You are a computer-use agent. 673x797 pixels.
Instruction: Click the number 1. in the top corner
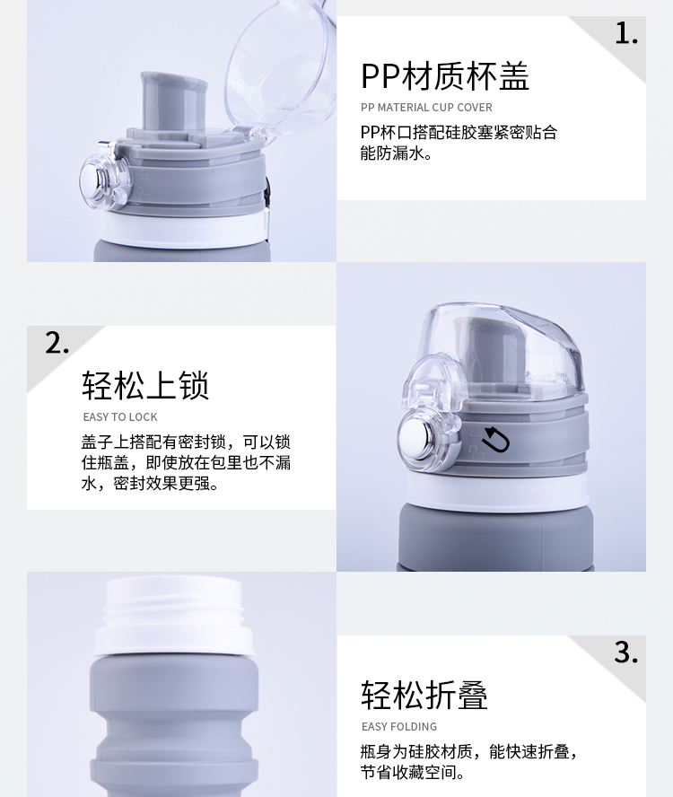pos(626,33)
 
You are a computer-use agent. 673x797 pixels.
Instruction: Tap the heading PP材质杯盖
pos(445,77)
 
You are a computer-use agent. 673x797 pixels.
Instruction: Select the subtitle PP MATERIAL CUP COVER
pos(426,108)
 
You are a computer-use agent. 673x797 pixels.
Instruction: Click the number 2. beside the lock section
pos(57,343)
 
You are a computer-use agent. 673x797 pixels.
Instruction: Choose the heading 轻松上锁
pos(145,386)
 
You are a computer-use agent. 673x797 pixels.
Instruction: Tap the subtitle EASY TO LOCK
pos(120,417)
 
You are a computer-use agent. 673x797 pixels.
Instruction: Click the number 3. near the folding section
pos(626,652)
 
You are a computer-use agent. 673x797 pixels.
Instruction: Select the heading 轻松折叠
pos(424,695)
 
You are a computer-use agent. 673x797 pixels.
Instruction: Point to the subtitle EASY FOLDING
pos(399,727)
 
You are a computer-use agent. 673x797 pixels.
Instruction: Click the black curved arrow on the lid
pos(494,440)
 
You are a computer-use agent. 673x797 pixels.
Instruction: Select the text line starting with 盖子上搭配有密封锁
pos(186,442)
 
